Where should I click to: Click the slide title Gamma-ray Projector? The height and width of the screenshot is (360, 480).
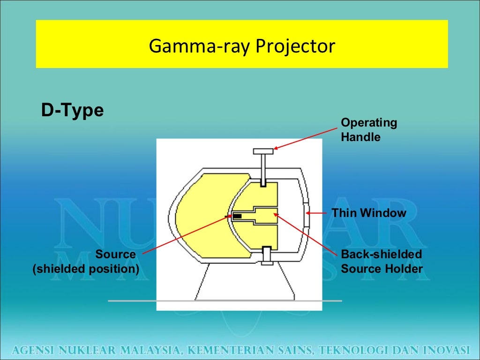click(x=242, y=46)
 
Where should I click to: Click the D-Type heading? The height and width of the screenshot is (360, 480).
click(x=72, y=111)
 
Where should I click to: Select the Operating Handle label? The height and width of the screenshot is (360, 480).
click(x=368, y=130)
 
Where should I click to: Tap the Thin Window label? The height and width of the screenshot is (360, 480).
click(x=369, y=213)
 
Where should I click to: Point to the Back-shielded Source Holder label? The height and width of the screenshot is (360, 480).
click(x=382, y=262)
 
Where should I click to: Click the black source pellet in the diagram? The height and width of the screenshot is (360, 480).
click(x=238, y=216)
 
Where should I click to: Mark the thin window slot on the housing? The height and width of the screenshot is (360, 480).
click(x=305, y=213)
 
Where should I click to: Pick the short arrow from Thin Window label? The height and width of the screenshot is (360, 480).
click(x=317, y=213)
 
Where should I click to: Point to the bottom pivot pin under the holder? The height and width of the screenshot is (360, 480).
click(x=268, y=255)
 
